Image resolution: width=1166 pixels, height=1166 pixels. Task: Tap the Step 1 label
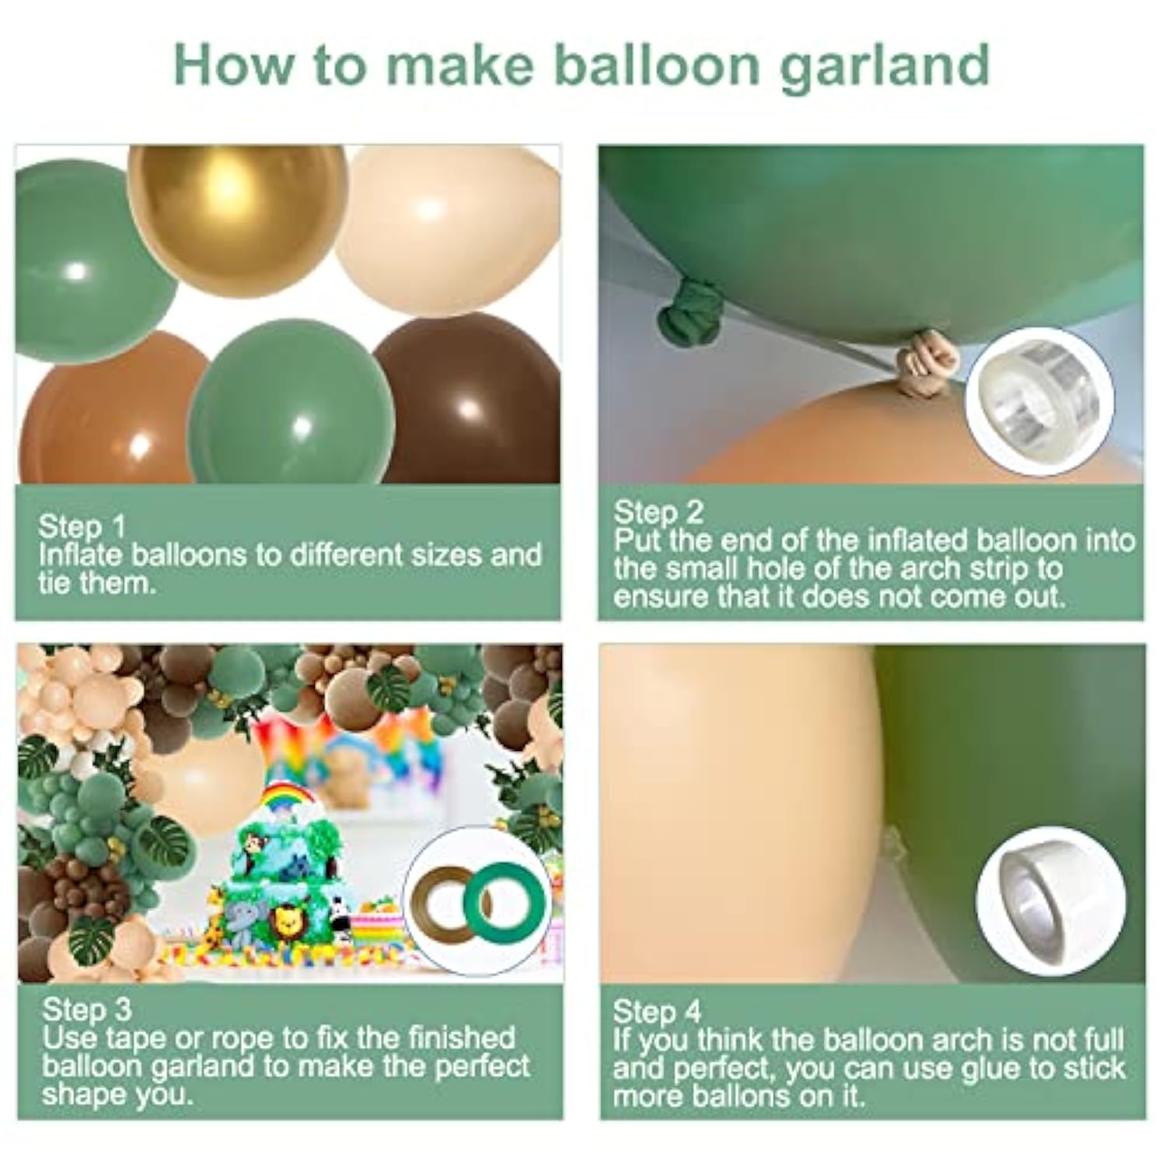[82, 526]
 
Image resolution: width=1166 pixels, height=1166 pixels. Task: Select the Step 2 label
[658, 512]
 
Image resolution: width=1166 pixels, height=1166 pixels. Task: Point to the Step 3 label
[87, 1010]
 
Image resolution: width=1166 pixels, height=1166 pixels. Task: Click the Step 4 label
[657, 1011]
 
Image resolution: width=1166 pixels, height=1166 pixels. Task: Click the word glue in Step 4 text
[992, 1069]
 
